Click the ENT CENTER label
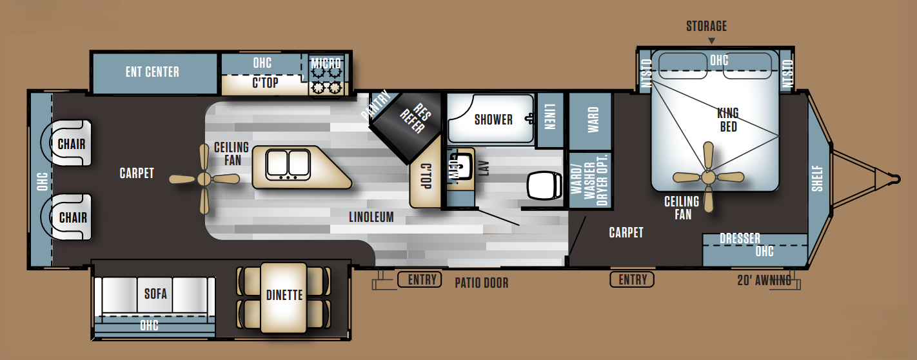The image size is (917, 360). coord(152,72)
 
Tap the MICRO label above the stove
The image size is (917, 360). coord(326,63)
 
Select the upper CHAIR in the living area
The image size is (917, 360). coord(68,143)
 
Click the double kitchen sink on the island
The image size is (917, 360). coord(288,165)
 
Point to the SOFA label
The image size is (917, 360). coord(155,294)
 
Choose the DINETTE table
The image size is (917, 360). coord(284,297)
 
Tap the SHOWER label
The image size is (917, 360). coord(494,119)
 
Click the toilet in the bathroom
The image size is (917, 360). coord(544,186)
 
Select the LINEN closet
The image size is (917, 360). coord(550,119)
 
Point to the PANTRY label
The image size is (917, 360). coord(376,105)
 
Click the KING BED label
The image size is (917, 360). coord(728,119)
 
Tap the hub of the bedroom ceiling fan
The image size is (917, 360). coord(708,177)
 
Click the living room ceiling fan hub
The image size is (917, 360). coord(204,179)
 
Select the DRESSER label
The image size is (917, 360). coord(740,238)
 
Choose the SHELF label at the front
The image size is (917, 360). coord(817,179)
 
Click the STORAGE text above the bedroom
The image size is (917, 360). coord(707,26)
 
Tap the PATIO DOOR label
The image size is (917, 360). coord(482,283)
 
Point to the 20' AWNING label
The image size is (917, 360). coord(764,280)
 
